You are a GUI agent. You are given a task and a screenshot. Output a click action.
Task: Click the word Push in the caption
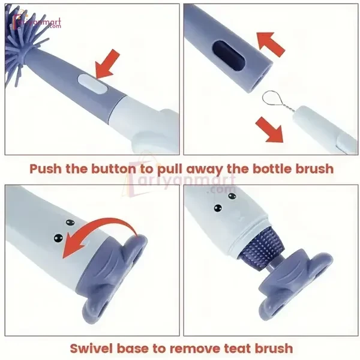[49, 169]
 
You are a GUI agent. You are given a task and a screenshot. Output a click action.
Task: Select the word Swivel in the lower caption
[91, 347]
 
